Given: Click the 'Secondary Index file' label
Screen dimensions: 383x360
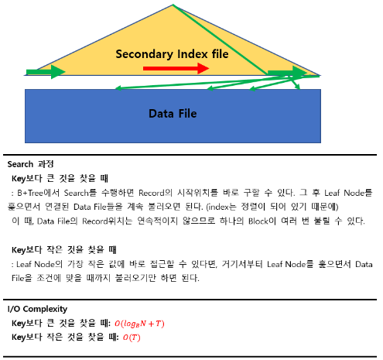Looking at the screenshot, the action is (172, 54).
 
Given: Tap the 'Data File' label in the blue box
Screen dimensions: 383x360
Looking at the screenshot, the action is (173, 114).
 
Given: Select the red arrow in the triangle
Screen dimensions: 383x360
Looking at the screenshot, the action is (176, 68).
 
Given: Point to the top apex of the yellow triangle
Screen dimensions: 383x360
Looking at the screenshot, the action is (173, 5).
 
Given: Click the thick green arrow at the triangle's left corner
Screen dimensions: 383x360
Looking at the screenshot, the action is (46, 72).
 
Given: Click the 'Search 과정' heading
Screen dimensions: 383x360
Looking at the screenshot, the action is (30, 164).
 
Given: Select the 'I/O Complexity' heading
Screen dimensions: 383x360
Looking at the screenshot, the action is (37, 309).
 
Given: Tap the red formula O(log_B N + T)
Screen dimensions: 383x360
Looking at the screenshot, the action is (139, 324).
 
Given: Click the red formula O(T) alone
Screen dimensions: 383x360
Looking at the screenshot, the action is (132, 338).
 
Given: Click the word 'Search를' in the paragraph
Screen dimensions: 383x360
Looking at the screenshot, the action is (80, 193).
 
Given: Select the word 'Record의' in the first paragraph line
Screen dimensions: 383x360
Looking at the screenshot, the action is (156, 193).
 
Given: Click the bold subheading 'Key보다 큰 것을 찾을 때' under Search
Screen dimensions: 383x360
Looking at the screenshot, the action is (60, 178).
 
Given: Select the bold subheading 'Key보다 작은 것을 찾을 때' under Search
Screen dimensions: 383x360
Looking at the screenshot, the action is (64, 250).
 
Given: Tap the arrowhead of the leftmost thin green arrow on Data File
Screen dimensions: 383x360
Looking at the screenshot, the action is (118, 88).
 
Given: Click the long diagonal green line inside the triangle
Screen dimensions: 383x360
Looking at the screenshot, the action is (221, 40).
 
